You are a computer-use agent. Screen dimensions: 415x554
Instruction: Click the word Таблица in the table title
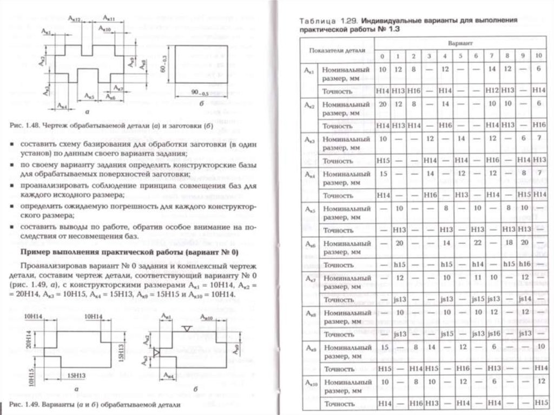click(315, 20)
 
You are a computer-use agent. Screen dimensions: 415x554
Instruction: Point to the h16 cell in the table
click(524, 265)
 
